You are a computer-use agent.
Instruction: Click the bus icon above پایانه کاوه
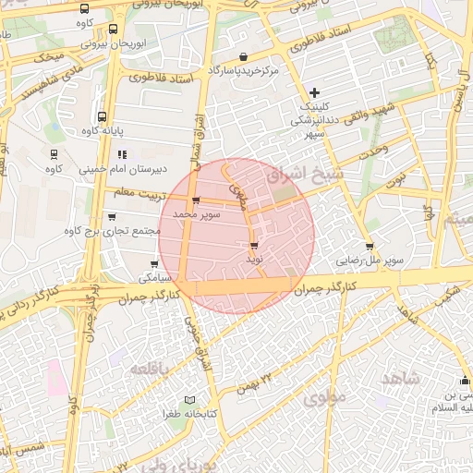pos(101,117)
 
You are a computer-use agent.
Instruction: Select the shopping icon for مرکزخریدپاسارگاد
pos(243,57)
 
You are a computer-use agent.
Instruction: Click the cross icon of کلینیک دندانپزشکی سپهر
pos(315,91)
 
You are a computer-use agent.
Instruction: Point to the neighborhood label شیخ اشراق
pos(304,174)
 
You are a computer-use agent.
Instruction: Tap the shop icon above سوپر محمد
pos(195,200)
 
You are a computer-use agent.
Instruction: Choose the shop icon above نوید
pos(254,246)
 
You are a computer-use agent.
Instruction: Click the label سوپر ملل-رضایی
pos(370,261)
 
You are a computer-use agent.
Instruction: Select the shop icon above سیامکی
pos(141,264)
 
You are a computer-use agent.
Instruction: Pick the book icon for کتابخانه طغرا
pos(189,399)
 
